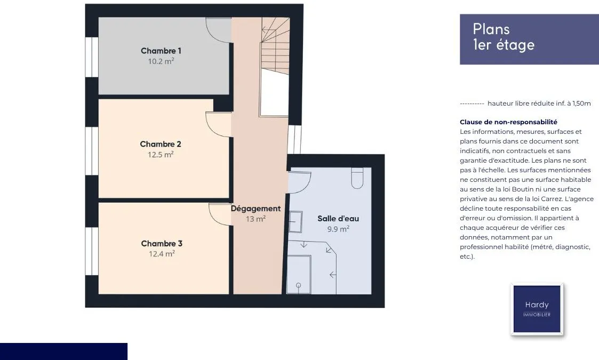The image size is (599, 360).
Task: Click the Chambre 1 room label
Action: tap(161, 51)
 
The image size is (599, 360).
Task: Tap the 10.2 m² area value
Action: tap(161, 61)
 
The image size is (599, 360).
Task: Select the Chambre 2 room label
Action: tap(161, 144)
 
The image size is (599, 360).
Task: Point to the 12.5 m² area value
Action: tap(161, 154)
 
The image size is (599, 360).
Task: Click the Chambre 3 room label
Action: tap(162, 243)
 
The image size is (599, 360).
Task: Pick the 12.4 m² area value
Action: tap(162, 254)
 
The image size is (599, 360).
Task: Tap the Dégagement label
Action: tap(255, 209)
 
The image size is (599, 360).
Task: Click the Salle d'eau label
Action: tap(338, 219)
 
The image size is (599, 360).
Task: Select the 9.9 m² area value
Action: tap(338, 229)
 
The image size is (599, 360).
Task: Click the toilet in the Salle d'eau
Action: tap(357, 178)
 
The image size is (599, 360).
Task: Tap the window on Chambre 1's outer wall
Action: tap(92, 57)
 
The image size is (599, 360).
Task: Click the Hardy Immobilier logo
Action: tap(537, 309)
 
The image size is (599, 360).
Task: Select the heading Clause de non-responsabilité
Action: tap(508, 122)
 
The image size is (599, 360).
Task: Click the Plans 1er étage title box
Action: tap(529, 39)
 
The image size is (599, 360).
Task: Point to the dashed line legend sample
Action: tap(472, 103)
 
